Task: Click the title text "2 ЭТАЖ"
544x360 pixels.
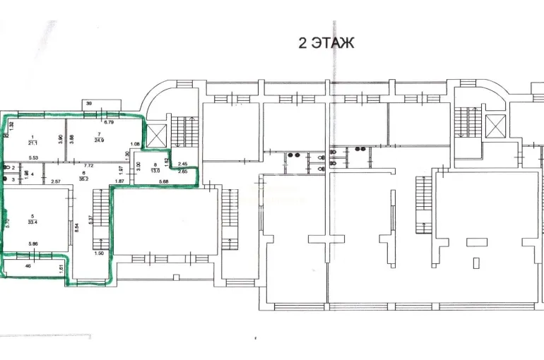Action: coord(326,43)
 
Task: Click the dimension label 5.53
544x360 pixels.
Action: coord(32,157)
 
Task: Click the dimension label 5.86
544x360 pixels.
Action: coord(34,244)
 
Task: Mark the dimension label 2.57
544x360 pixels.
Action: coord(57,181)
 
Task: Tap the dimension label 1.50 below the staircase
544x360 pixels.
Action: coord(99,253)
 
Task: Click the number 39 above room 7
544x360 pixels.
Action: coord(89,104)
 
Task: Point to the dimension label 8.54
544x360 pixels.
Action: coord(76,228)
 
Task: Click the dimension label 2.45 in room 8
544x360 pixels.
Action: coord(182,164)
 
